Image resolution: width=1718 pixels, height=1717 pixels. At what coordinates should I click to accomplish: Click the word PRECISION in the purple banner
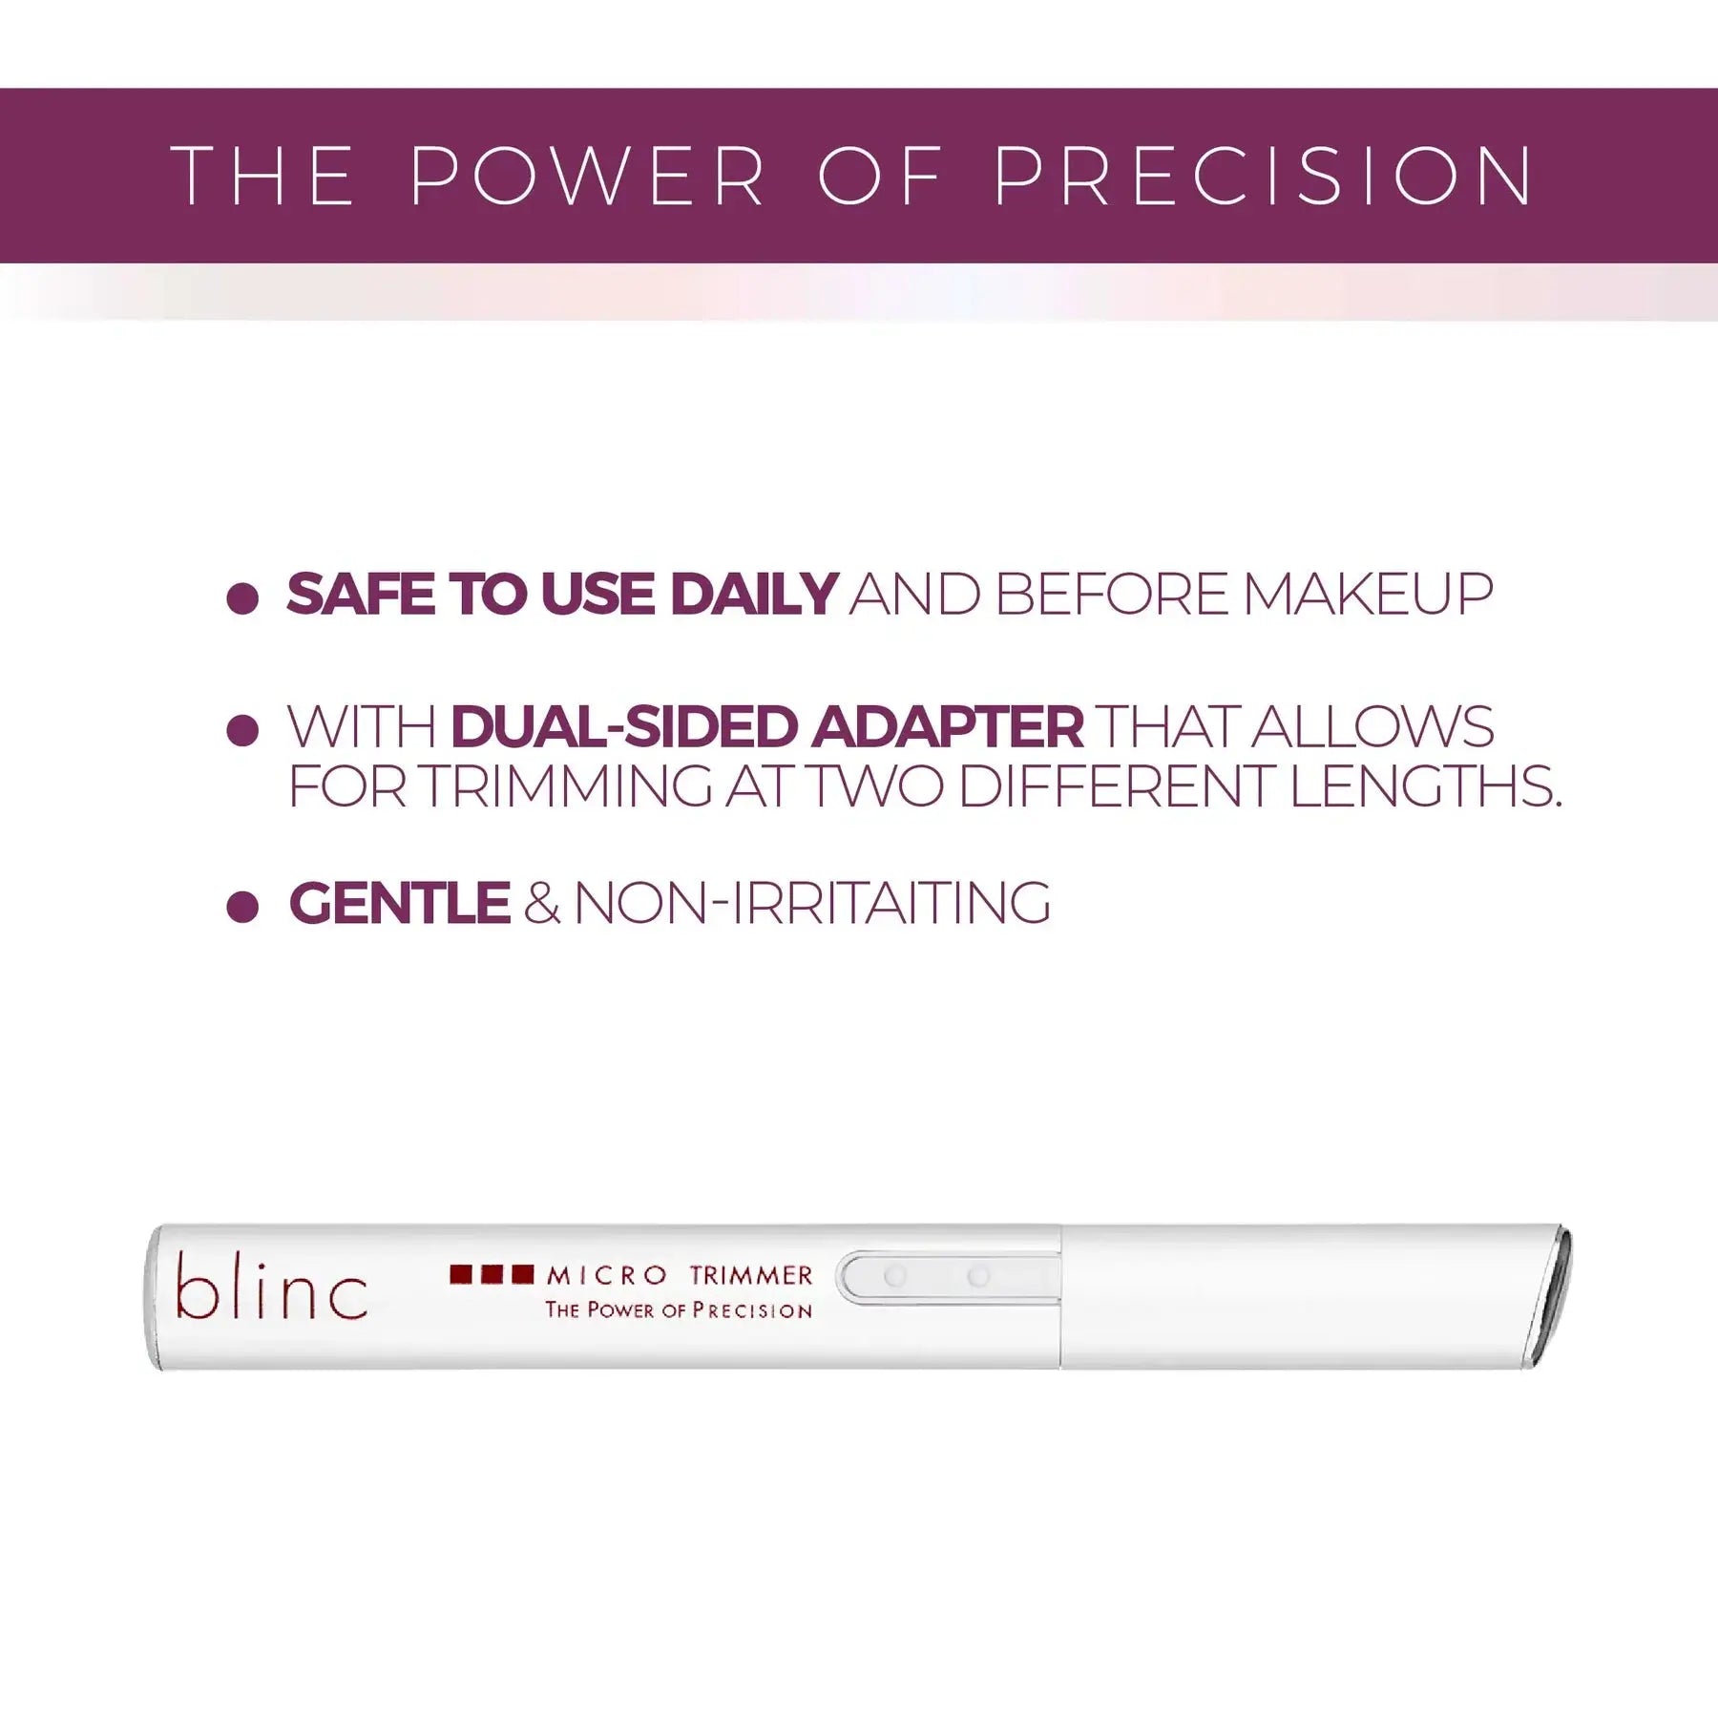point(1263,176)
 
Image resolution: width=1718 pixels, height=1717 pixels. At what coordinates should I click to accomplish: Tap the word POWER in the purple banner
point(587,176)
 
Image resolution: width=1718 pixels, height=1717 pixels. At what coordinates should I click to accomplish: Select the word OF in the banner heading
point(879,176)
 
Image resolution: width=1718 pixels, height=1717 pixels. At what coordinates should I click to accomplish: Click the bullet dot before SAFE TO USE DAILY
point(242,598)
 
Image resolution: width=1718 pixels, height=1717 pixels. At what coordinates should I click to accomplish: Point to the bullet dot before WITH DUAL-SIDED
point(242,731)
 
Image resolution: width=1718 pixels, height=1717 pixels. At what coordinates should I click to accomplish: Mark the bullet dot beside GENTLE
point(242,907)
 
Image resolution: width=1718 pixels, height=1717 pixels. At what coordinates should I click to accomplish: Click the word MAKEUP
point(1368,595)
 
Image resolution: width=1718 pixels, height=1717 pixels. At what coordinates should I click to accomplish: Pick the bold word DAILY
point(754,595)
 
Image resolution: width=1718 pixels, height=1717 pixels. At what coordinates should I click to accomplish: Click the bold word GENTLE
point(400,903)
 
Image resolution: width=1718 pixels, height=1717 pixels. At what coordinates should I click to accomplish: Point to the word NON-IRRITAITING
point(812,903)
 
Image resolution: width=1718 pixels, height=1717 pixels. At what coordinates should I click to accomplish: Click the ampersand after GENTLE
point(541,903)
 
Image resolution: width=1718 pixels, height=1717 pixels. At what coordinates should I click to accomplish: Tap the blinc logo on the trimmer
point(271,1287)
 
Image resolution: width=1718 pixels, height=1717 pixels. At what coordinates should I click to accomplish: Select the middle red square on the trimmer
point(492,1274)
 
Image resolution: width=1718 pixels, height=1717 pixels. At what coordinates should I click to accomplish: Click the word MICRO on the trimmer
point(607,1275)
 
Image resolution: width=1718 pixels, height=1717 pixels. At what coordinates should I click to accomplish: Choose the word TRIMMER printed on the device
point(751,1275)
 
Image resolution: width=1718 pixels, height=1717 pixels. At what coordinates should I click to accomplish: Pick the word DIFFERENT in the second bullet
point(1118,786)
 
